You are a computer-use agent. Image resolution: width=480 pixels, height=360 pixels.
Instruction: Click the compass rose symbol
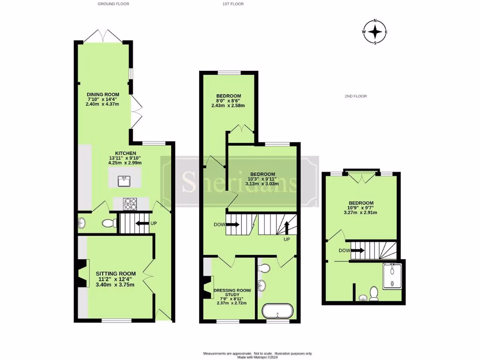[x=375, y=32]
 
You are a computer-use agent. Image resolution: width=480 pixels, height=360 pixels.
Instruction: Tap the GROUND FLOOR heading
[x=113, y=4]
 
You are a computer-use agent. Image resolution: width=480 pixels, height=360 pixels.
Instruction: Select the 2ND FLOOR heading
[x=355, y=96]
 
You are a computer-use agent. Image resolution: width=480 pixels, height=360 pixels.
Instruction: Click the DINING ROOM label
[x=103, y=95]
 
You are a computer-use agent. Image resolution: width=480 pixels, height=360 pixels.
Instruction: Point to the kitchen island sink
[x=124, y=179]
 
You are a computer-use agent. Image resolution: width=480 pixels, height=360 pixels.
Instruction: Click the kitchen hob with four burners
[x=130, y=204]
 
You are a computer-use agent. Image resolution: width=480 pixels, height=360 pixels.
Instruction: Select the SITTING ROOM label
[x=116, y=273]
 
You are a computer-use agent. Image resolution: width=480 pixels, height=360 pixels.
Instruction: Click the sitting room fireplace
[x=82, y=273]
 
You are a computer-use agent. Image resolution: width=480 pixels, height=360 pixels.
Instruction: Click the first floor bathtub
[x=277, y=311]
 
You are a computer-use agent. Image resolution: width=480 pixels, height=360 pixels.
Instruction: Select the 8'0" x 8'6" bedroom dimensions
[x=228, y=99]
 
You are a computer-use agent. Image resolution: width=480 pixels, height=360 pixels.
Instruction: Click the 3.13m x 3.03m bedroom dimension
[x=262, y=184]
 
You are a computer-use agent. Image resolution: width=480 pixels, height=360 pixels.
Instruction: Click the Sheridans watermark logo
[x=240, y=181]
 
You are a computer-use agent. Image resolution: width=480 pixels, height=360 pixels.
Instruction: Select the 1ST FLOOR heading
[x=233, y=4]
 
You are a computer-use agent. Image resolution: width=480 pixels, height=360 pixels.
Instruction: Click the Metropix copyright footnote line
[x=257, y=357]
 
